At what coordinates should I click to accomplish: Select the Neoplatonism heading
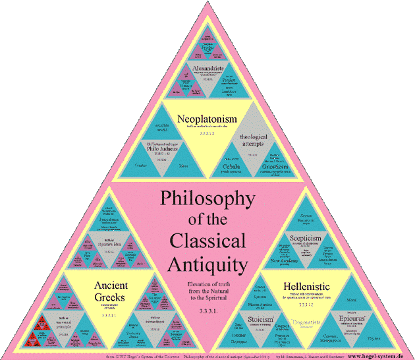(207, 118)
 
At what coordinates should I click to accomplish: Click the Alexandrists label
(207, 69)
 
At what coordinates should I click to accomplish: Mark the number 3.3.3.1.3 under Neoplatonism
(207, 133)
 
